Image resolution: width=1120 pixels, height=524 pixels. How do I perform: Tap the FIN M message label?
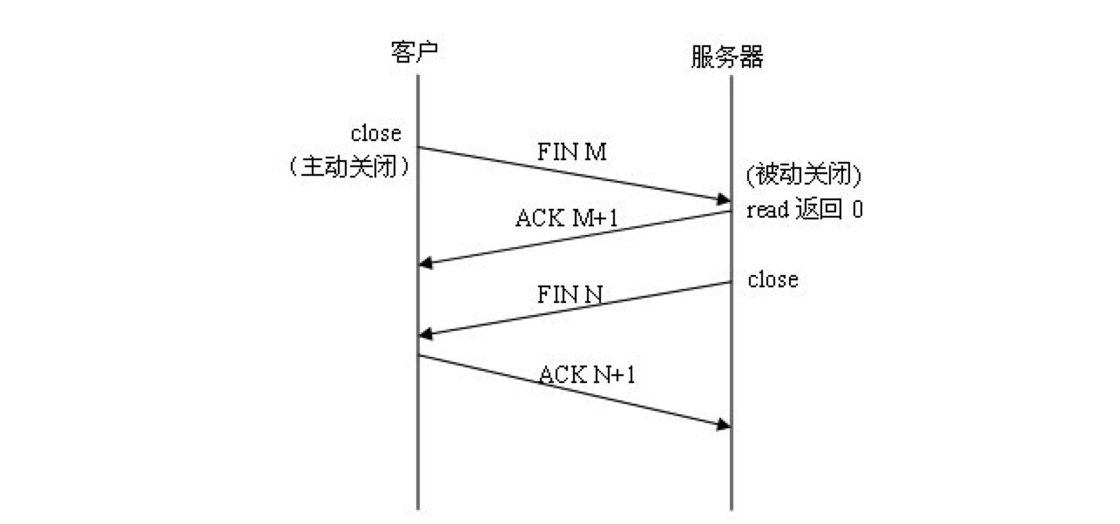572,153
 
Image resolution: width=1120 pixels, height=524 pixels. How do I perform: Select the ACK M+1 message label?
566,218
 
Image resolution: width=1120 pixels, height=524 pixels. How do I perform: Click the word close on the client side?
376,133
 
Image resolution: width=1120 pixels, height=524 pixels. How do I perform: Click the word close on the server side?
773,280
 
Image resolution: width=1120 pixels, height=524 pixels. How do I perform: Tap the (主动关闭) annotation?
348,167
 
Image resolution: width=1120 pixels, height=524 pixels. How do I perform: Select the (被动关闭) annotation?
803,177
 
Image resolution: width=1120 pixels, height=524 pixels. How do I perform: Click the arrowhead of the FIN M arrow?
724,200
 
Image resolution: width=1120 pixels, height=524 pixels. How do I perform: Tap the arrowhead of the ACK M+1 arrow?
425,262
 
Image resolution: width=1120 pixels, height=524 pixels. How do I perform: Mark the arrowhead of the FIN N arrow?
425,333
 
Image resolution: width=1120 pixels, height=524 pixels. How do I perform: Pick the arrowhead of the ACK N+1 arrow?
724,424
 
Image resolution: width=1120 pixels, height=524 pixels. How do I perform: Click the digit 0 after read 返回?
857,211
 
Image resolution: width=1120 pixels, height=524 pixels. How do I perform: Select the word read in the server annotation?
767,211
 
